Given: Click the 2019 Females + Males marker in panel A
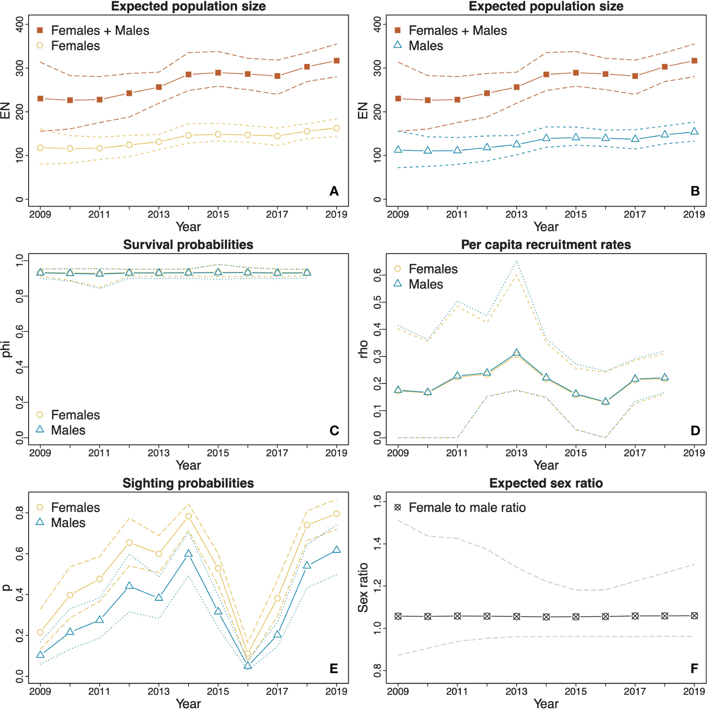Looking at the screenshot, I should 337,61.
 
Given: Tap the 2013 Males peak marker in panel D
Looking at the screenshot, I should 517,353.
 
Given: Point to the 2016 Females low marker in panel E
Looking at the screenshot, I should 248,653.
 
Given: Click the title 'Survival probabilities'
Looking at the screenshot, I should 188,245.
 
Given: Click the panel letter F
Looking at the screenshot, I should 695,669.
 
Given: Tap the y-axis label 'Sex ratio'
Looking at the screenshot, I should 363,587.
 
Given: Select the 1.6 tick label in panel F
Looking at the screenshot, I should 378,501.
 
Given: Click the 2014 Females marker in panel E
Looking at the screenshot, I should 189,516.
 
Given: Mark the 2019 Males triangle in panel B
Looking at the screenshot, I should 694,131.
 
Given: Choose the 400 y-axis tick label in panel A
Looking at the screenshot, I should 20,24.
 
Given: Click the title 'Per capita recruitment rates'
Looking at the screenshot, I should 546,245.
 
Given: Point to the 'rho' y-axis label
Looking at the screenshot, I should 363,349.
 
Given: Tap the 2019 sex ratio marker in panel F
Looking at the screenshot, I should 694,616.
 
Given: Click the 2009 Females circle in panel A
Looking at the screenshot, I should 41,148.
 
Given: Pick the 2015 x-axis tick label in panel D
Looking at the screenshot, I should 576,453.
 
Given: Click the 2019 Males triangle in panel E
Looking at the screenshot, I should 337,550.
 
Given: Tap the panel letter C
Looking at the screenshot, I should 334,431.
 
